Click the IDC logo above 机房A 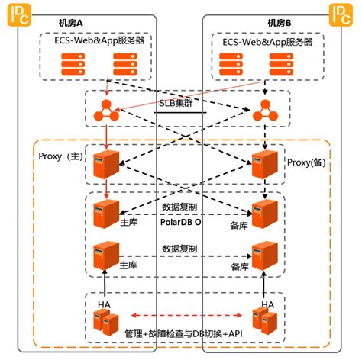19,15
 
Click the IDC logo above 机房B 341,15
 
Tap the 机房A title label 71,24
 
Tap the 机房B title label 280,24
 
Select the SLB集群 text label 176,103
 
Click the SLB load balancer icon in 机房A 106,111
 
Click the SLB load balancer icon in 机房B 265,111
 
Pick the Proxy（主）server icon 106,164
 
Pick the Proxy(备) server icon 265,164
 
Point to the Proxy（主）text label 61,156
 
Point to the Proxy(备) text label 306,162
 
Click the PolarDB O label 180,222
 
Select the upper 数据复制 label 179,207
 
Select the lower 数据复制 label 179,249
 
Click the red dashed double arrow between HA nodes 186,316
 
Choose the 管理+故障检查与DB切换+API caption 183,333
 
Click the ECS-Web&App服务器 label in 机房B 267,42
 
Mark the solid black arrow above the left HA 105,285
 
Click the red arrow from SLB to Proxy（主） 106,136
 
